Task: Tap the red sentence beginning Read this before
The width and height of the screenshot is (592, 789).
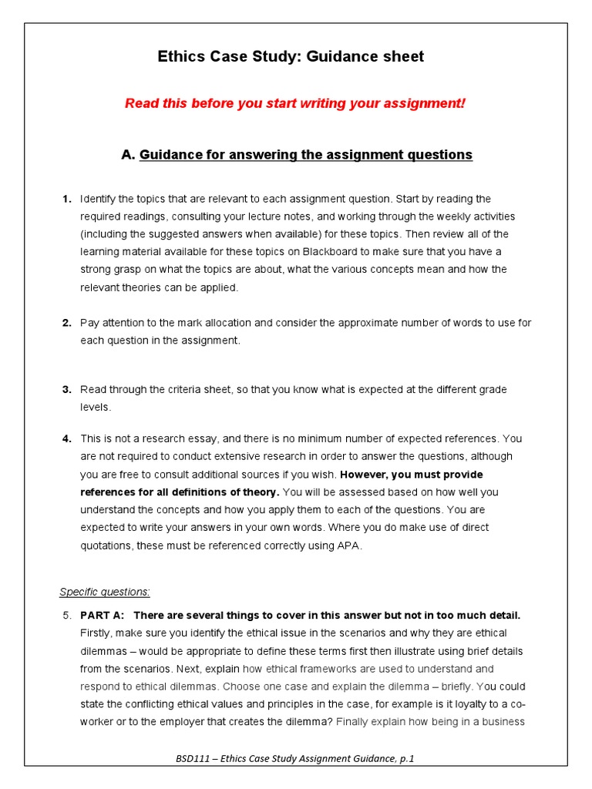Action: point(295,103)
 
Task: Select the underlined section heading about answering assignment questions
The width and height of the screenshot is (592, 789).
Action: point(305,155)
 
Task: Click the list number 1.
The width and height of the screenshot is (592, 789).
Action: point(67,199)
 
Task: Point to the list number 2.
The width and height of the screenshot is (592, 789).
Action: point(67,323)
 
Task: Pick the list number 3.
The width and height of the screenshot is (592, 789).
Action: point(67,390)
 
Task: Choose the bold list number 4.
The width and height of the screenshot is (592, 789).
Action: point(67,438)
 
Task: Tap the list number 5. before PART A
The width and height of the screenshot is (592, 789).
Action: point(66,615)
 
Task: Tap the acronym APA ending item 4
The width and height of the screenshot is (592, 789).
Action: point(349,546)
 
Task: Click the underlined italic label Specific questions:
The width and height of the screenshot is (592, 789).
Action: point(105,592)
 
